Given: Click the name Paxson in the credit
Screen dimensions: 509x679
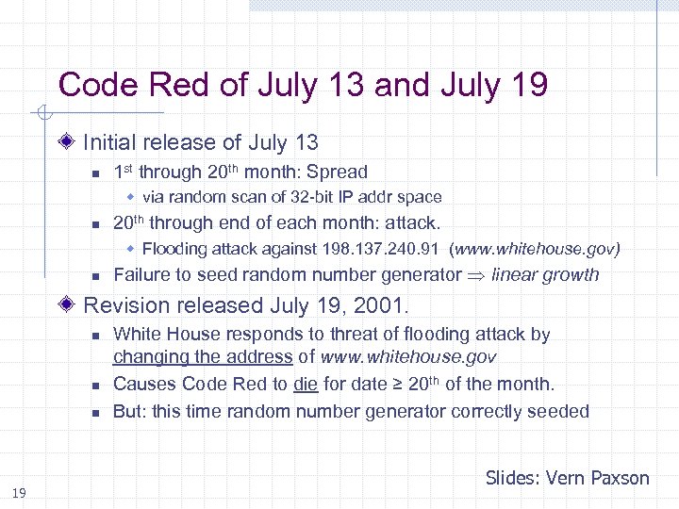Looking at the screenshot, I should point(620,478).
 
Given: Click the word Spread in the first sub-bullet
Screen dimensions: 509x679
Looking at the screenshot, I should point(337,172).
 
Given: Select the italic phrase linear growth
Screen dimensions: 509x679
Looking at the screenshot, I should point(545,275).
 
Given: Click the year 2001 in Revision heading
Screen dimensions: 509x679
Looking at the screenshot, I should point(384,305).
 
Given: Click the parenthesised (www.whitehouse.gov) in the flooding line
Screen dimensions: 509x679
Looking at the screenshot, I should point(535,250).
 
